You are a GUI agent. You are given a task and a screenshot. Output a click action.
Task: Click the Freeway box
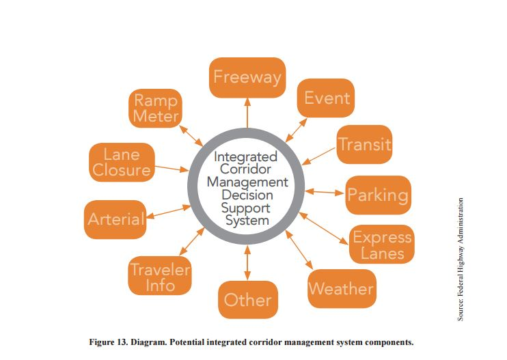247,77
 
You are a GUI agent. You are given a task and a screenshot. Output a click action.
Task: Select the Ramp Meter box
155,108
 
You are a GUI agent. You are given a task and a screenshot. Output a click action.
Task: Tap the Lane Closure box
121,162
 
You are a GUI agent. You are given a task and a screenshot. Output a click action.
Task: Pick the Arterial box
115,219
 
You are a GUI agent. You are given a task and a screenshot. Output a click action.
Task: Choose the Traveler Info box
160,277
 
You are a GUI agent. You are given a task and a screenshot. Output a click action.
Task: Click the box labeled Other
247,299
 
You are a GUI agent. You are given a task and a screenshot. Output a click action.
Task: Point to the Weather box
341,288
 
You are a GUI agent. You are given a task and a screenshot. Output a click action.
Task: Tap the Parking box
378,195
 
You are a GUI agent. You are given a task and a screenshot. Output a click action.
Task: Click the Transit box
365,144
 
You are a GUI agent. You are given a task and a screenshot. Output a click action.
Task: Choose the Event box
327,98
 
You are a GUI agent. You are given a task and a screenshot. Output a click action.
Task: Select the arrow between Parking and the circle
325,192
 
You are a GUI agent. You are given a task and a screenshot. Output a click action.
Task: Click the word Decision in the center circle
247,195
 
